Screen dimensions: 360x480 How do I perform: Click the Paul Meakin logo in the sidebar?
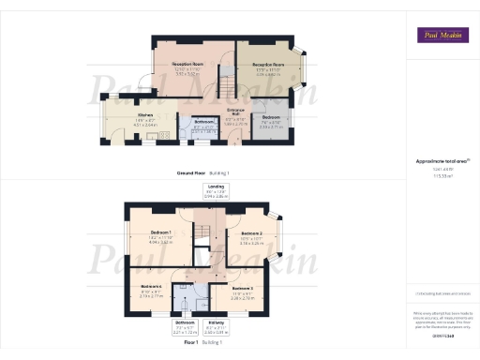point(442,36)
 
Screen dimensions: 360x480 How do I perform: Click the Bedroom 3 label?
point(242,290)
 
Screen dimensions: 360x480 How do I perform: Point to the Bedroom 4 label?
point(152,289)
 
